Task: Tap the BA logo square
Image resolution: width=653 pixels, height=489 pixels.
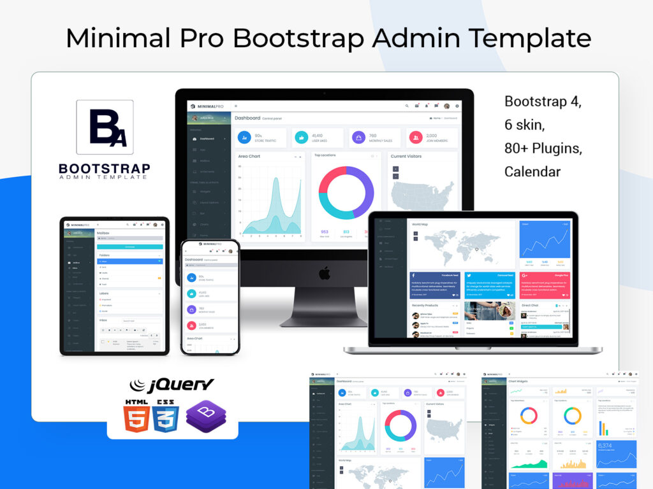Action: [105, 127]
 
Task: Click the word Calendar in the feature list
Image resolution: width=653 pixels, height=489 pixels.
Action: [532, 171]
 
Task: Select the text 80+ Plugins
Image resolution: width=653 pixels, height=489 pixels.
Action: [543, 148]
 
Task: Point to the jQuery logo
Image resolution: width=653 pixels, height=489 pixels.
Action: [172, 385]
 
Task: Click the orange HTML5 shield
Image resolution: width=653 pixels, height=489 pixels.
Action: [137, 416]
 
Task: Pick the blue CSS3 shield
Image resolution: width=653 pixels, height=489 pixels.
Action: [166, 416]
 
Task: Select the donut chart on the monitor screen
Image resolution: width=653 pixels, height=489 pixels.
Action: [346, 193]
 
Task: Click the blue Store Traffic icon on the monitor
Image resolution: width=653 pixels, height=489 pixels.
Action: [244, 137]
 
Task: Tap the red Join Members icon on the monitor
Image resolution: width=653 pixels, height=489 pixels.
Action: [416, 137]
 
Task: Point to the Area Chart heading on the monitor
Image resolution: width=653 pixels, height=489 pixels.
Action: [249, 156]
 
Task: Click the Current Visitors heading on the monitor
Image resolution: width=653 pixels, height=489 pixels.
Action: [406, 156]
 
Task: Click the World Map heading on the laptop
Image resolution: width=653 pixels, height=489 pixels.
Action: [420, 224]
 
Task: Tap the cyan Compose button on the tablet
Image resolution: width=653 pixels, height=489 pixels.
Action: [129, 246]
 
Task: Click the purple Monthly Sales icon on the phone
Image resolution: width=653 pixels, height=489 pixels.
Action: [192, 309]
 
